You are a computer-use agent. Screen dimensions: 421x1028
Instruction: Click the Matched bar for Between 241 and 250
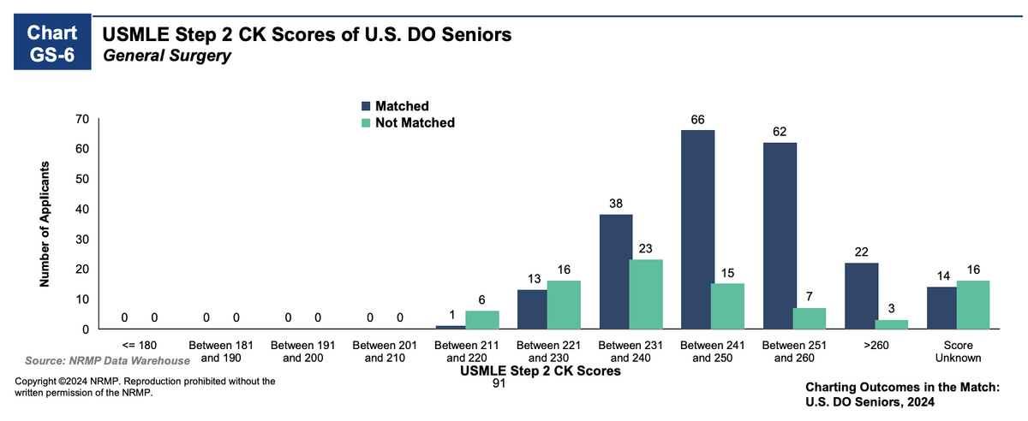point(697,229)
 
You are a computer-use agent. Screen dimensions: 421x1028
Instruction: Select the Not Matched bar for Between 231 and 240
point(646,294)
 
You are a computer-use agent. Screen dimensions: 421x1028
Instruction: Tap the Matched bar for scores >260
point(862,296)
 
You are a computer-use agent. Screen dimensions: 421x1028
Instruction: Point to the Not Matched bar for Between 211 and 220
point(481,320)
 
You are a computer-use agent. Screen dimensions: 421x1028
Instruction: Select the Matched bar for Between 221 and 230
point(533,309)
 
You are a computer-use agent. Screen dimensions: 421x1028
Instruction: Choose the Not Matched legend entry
point(407,122)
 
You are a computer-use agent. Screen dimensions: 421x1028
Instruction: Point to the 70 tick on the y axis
point(84,119)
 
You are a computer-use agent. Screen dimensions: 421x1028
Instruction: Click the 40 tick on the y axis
point(84,209)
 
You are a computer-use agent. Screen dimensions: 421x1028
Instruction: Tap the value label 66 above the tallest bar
point(697,120)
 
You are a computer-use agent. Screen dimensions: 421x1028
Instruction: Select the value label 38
point(615,205)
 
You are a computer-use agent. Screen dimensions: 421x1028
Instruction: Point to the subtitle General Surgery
point(167,56)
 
